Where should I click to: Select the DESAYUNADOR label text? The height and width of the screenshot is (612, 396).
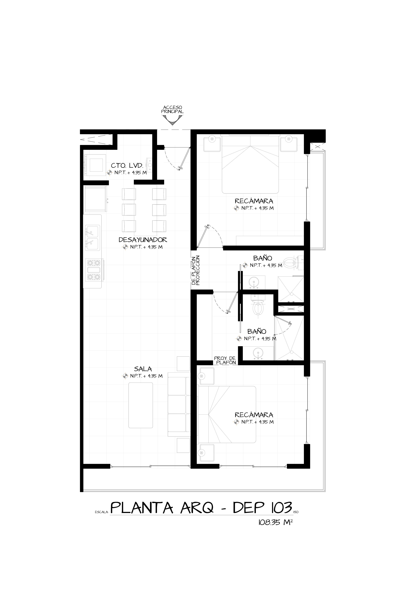point(143,240)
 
